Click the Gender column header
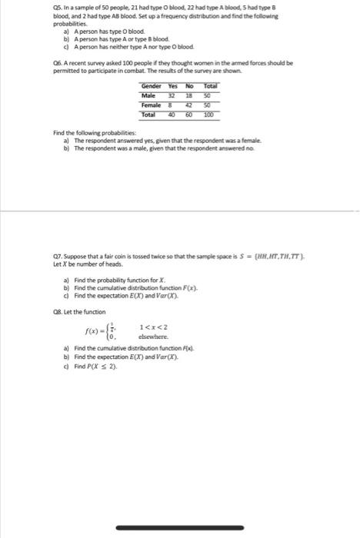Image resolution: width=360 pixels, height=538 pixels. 151,87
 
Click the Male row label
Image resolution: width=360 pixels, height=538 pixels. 148,96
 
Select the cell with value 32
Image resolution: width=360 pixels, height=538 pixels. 172,96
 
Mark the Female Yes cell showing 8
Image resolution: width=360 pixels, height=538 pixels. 172,105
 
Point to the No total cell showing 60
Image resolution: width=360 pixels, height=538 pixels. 189,115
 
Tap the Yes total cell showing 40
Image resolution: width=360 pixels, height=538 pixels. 172,115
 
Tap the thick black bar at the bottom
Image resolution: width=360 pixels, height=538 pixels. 179,507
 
